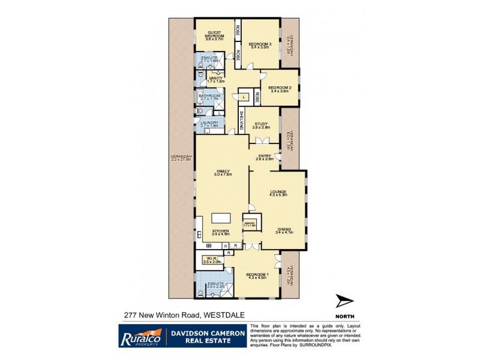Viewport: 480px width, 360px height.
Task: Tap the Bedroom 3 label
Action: [x=260, y=44]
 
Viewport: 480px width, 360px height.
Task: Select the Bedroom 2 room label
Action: [x=279, y=88]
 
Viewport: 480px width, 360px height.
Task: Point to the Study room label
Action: [x=260, y=125]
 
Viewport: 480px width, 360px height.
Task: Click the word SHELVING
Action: [x=241, y=121]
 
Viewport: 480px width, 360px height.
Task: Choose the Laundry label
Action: [x=210, y=122]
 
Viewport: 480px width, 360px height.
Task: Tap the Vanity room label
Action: [x=215, y=78]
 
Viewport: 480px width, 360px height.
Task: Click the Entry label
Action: [x=265, y=156]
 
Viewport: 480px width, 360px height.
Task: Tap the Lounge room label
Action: [x=279, y=191]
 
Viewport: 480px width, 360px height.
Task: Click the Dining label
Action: [x=284, y=229]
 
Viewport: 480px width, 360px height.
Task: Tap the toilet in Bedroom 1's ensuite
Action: [x=199, y=293]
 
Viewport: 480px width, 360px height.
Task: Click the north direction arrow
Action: [x=344, y=301]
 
